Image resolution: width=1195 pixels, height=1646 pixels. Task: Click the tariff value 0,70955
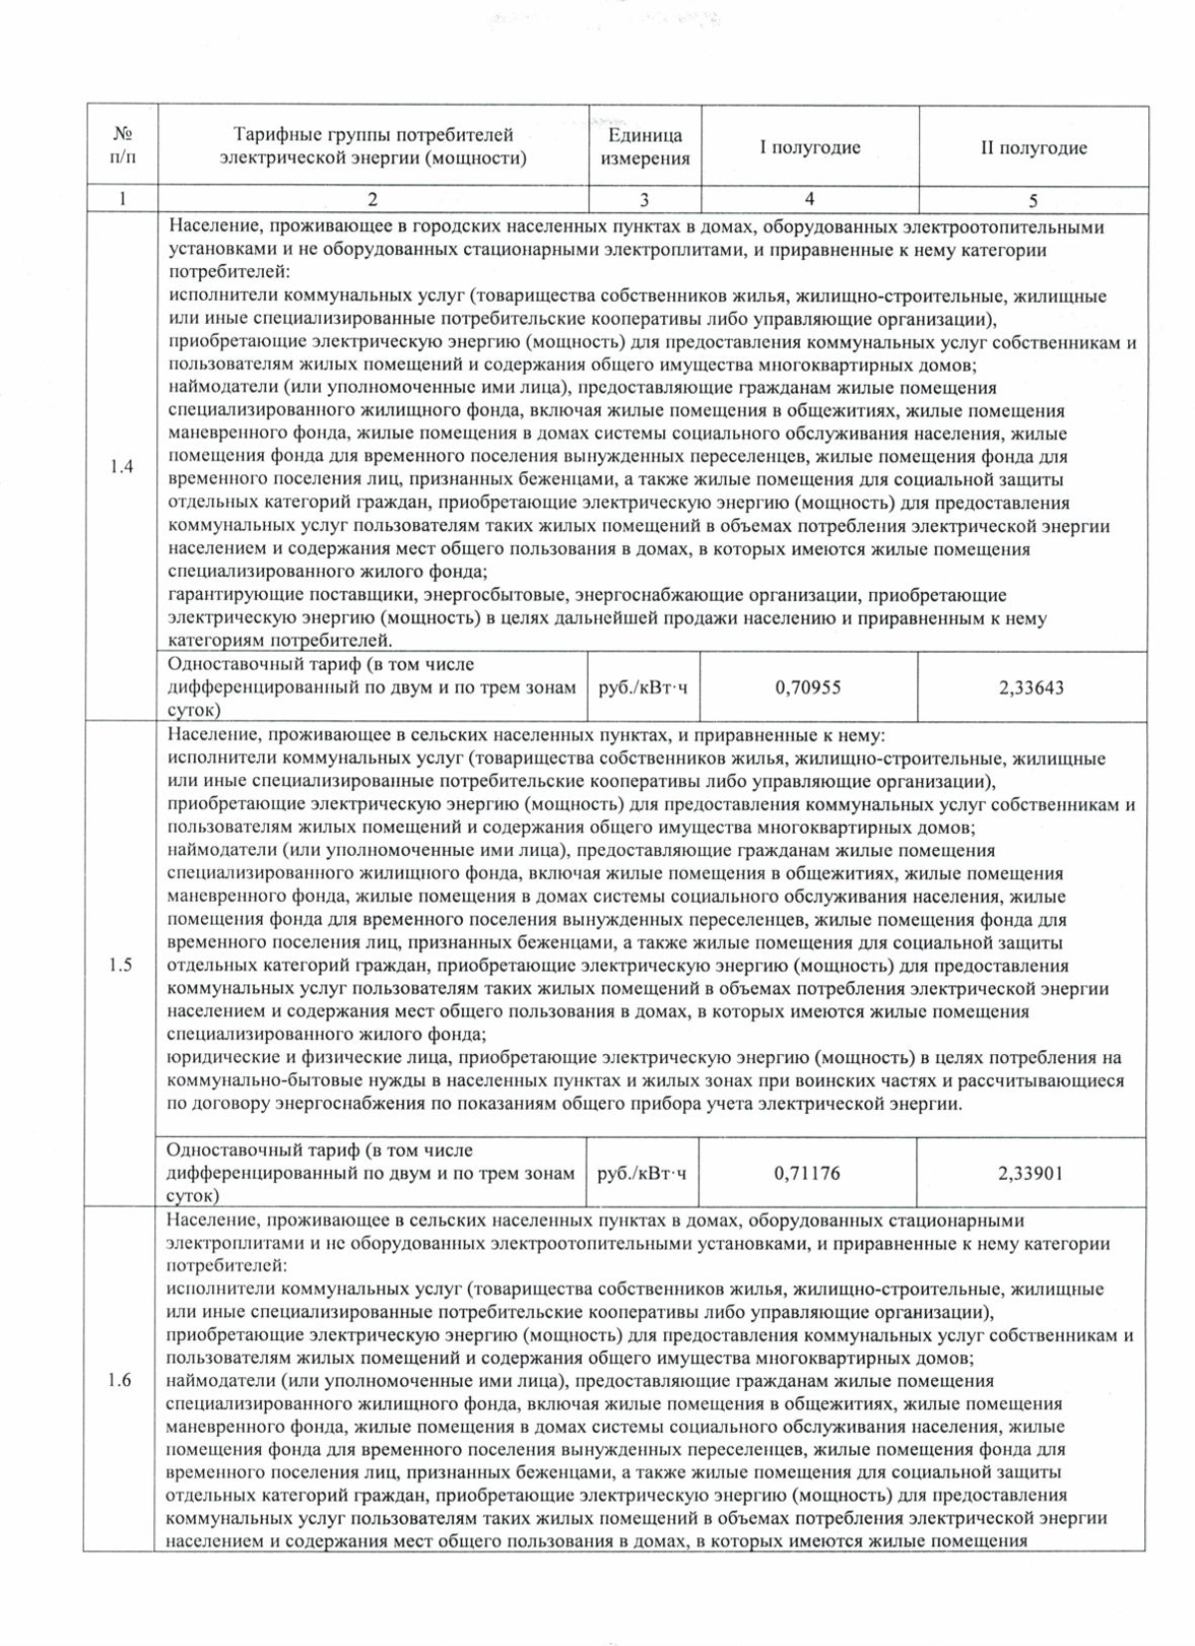click(808, 686)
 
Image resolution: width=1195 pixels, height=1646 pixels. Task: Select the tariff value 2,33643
click(1031, 686)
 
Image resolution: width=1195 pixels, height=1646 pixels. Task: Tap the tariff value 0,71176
click(807, 1173)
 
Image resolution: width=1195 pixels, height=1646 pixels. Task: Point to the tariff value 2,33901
click(1031, 1173)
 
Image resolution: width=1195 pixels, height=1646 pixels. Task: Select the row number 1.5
click(121, 964)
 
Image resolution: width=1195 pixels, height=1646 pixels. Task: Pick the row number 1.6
click(119, 1381)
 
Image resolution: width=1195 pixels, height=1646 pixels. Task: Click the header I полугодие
click(810, 147)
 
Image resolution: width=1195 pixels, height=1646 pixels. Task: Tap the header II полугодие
click(1034, 147)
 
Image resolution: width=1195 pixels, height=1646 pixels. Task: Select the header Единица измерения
click(644, 147)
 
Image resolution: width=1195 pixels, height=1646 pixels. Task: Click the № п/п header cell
click(121, 146)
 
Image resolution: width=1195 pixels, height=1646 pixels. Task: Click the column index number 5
click(1034, 199)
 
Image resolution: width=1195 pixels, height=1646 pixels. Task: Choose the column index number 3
click(644, 199)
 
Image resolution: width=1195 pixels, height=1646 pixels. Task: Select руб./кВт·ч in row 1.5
click(642, 1173)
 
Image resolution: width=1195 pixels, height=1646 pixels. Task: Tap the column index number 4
click(810, 199)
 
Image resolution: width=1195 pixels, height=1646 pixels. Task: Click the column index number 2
click(372, 199)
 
